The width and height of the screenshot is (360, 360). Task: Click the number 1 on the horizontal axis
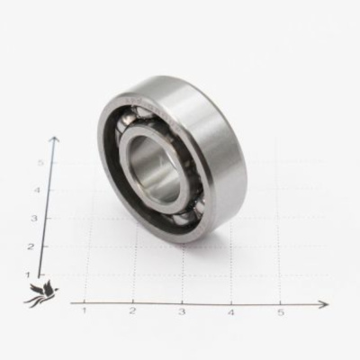tap(85, 310)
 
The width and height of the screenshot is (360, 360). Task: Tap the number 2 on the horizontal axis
tap(132, 310)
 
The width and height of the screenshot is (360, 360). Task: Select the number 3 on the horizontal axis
tap(182, 311)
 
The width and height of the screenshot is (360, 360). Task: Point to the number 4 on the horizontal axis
tap(231, 312)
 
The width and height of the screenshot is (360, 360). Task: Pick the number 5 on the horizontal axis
tap(280, 312)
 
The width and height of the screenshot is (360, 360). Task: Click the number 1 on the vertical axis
tap(28, 274)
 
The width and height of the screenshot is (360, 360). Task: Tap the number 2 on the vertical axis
tap(30, 247)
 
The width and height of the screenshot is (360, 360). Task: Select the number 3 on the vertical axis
tap(34, 218)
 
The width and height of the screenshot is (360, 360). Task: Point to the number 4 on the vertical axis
tap(38, 190)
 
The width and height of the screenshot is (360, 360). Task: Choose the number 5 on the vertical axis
tap(40, 162)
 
